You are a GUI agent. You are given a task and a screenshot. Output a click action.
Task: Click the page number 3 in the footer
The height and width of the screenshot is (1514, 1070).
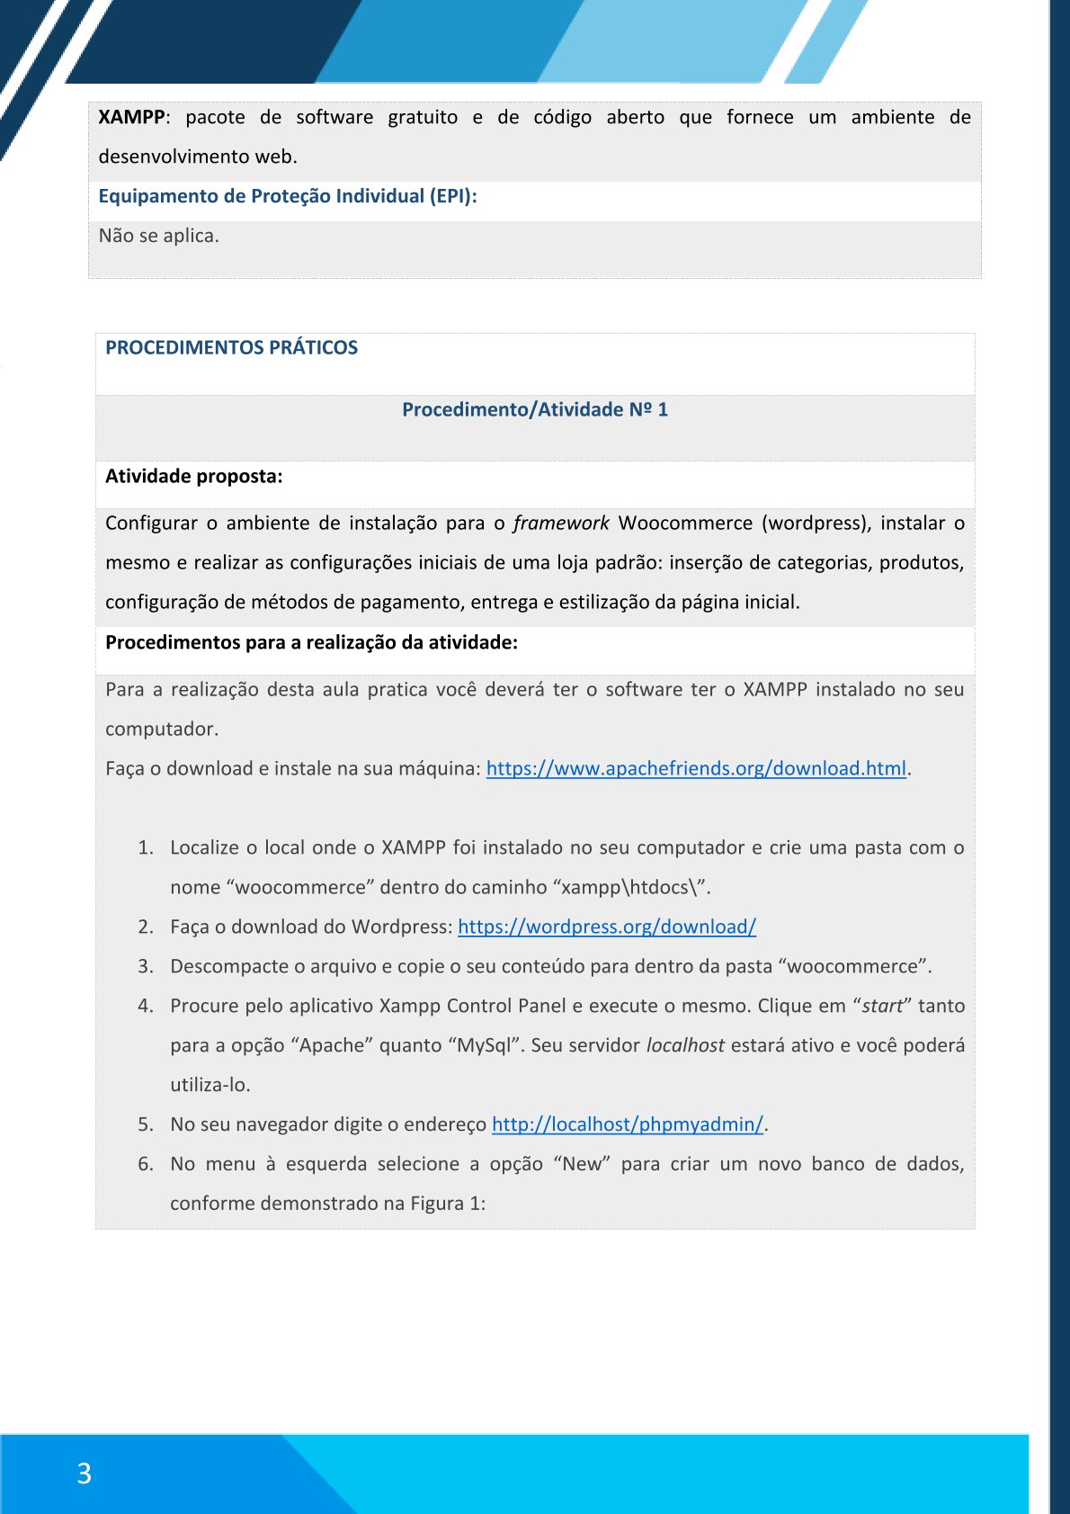[85, 1474]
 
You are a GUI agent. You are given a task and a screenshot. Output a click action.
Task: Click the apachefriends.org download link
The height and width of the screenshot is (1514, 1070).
[696, 768]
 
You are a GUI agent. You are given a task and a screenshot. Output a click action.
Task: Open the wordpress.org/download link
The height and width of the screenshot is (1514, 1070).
[607, 927]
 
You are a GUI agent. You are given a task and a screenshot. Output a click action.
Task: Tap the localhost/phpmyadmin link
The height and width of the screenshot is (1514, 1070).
[628, 1124]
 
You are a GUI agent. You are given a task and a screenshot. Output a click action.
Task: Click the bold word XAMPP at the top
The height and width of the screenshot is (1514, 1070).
[131, 117]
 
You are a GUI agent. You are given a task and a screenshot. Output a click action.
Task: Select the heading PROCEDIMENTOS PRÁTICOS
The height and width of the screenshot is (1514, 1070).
[231, 348]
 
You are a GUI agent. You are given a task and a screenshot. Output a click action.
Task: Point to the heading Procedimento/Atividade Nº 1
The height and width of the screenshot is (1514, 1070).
[535, 410]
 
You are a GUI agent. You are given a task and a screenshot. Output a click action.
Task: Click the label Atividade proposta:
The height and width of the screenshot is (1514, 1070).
[193, 477]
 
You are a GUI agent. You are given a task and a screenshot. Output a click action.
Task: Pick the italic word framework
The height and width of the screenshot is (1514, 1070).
[561, 524]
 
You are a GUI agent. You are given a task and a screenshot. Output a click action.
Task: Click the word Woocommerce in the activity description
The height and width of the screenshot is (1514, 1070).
[685, 524]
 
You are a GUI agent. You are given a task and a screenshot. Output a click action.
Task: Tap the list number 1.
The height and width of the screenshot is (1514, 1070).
[145, 847]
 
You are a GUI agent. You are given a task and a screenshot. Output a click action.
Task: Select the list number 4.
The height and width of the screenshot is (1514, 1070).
[145, 1006]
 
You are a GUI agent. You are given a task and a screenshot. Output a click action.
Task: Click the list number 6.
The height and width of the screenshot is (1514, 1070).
[145, 1164]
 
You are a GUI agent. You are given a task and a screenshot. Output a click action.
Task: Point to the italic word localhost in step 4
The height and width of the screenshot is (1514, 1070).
[685, 1045]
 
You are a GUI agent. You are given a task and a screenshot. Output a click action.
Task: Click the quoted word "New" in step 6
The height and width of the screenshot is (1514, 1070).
[582, 1164]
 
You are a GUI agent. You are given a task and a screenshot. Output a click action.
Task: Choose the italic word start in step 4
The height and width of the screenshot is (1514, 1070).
[882, 1006]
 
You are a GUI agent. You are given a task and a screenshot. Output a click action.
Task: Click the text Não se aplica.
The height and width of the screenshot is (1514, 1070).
[158, 236]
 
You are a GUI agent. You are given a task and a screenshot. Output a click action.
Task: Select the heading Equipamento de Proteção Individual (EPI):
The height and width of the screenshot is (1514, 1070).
[287, 196]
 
